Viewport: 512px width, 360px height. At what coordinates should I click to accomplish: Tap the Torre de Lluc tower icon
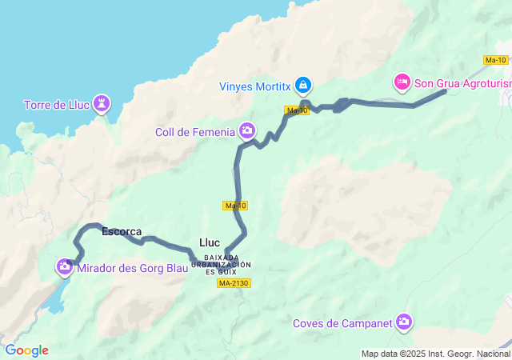[102, 102]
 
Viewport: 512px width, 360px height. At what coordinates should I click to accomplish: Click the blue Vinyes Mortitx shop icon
[303, 84]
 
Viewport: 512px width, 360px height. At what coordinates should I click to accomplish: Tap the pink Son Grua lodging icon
[402, 81]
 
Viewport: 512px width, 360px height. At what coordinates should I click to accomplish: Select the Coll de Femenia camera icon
[247, 130]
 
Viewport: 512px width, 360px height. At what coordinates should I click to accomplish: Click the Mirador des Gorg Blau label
[134, 269]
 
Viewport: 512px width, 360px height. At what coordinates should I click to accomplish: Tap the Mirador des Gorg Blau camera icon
[64, 267]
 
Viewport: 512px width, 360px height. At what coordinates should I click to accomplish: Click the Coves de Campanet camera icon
[404, 322]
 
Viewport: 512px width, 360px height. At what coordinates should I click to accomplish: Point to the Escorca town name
[122, 232]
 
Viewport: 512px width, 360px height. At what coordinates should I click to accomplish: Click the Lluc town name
[210, 242]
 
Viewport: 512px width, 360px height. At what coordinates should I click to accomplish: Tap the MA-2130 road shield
[234, 283]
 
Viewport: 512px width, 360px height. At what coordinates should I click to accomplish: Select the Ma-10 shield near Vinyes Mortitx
[296, 110]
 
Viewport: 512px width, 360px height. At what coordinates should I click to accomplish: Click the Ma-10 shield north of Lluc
[235, 206]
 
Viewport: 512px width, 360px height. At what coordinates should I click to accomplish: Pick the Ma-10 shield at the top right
[495, 60]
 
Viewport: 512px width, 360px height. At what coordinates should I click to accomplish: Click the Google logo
[26, 350]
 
